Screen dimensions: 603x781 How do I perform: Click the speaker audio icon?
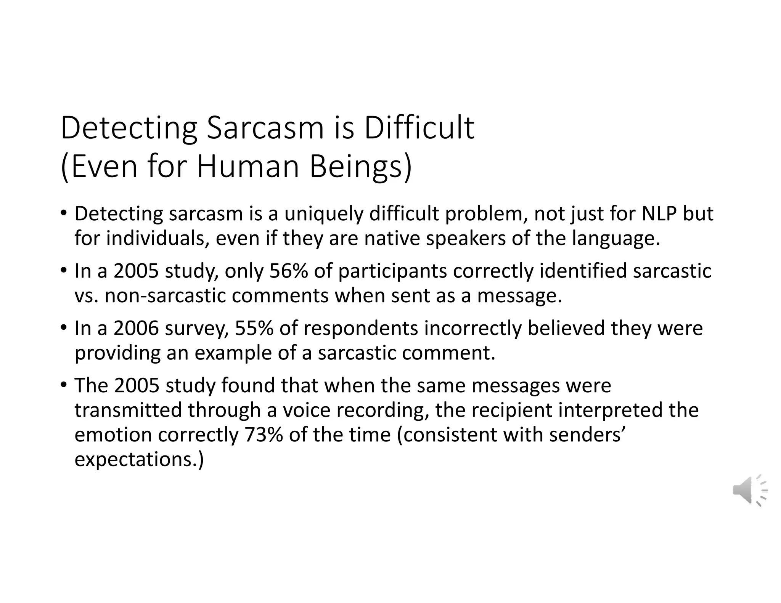(749, 490)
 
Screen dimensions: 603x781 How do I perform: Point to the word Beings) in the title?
(360, 168)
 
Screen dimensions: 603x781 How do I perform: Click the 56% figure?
(288, 271)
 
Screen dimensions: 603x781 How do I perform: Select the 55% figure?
(254, 328)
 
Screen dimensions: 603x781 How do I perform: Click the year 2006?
(136, 328)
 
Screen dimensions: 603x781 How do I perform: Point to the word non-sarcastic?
(166, 296)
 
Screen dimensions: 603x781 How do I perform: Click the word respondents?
(360, 329)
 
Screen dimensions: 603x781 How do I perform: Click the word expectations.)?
(139, 460)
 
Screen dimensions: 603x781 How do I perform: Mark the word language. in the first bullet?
(616, 239)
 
